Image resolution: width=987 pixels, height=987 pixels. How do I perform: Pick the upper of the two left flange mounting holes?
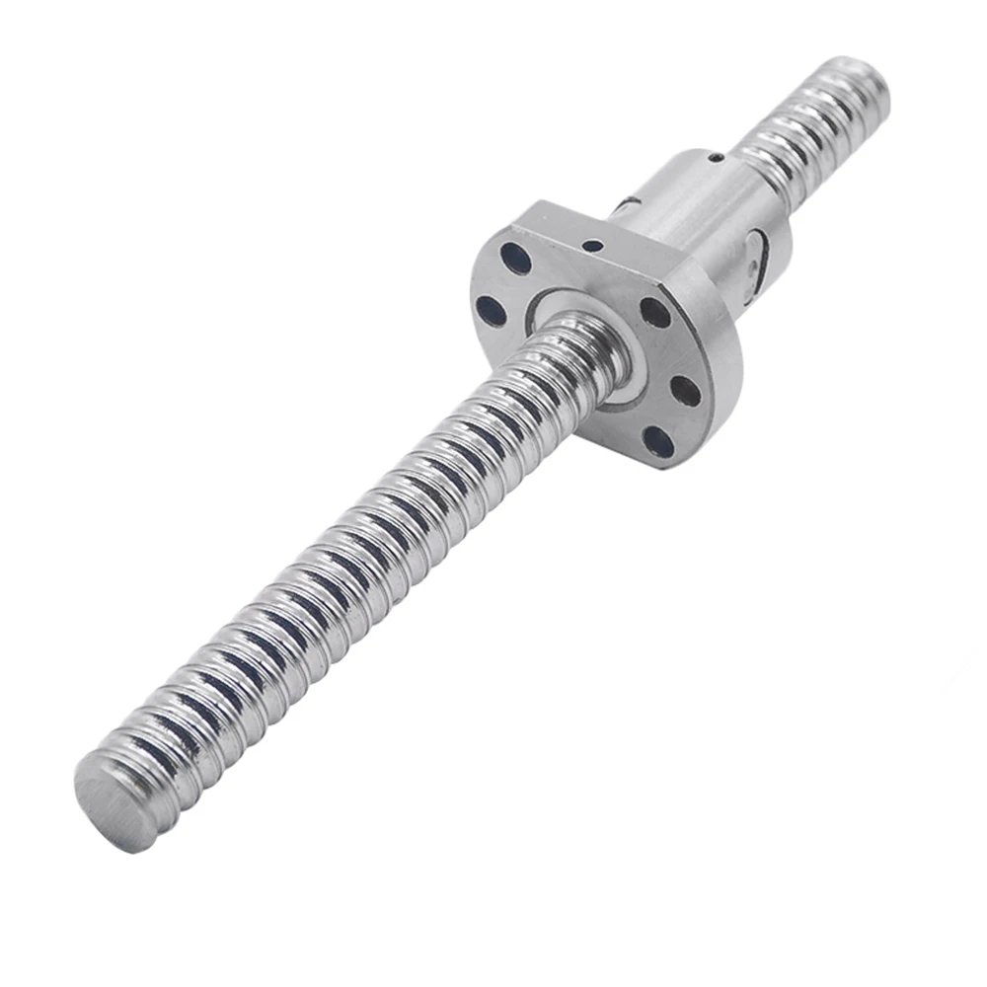click(515, 258)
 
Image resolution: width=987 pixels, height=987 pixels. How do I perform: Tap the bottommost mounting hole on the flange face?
click(658, 440)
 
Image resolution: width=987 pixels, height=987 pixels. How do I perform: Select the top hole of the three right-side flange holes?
click(653, 313)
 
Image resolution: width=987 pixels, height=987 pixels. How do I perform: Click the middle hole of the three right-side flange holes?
click(685, 392)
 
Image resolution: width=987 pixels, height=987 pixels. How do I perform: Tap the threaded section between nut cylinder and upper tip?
click(790, 138)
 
